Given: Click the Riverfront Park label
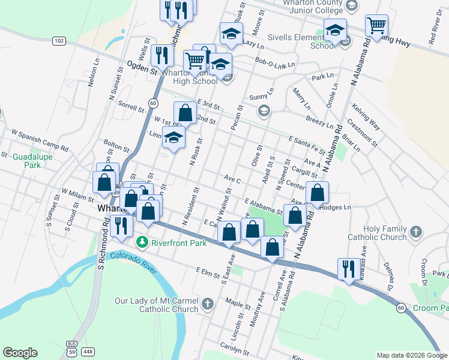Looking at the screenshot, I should pos(179,243).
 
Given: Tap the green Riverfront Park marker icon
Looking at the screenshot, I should pos(142,243).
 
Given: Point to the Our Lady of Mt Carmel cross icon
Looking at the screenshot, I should pos(208,303).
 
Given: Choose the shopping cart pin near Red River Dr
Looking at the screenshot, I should pos(376,26).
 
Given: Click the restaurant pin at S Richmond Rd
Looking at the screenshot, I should pos(122,226).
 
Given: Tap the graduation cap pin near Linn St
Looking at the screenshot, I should pos(174,138).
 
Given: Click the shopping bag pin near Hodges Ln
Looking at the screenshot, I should pos(318,193).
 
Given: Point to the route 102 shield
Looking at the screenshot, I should pos(58,41).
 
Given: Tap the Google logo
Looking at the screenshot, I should pos(20,352).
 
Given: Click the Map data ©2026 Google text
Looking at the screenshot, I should pos(412,355).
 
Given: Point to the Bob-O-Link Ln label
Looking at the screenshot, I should pos(276,62).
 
